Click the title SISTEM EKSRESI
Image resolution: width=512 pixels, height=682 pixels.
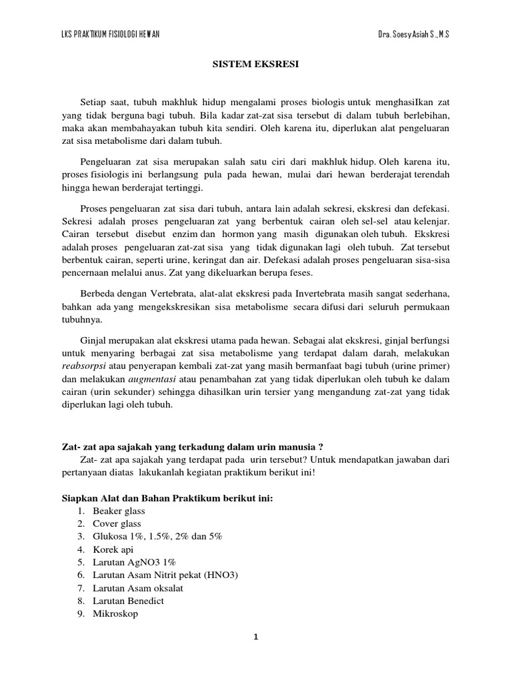coord(255,65)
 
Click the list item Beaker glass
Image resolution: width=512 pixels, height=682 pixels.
coord(119,511)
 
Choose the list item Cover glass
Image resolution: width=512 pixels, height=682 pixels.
coord(117,523)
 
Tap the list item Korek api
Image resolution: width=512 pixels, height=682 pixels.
coord(113,549)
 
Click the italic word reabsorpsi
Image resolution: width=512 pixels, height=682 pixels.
coord(83,366)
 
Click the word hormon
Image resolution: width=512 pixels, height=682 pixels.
coord(238,235)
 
